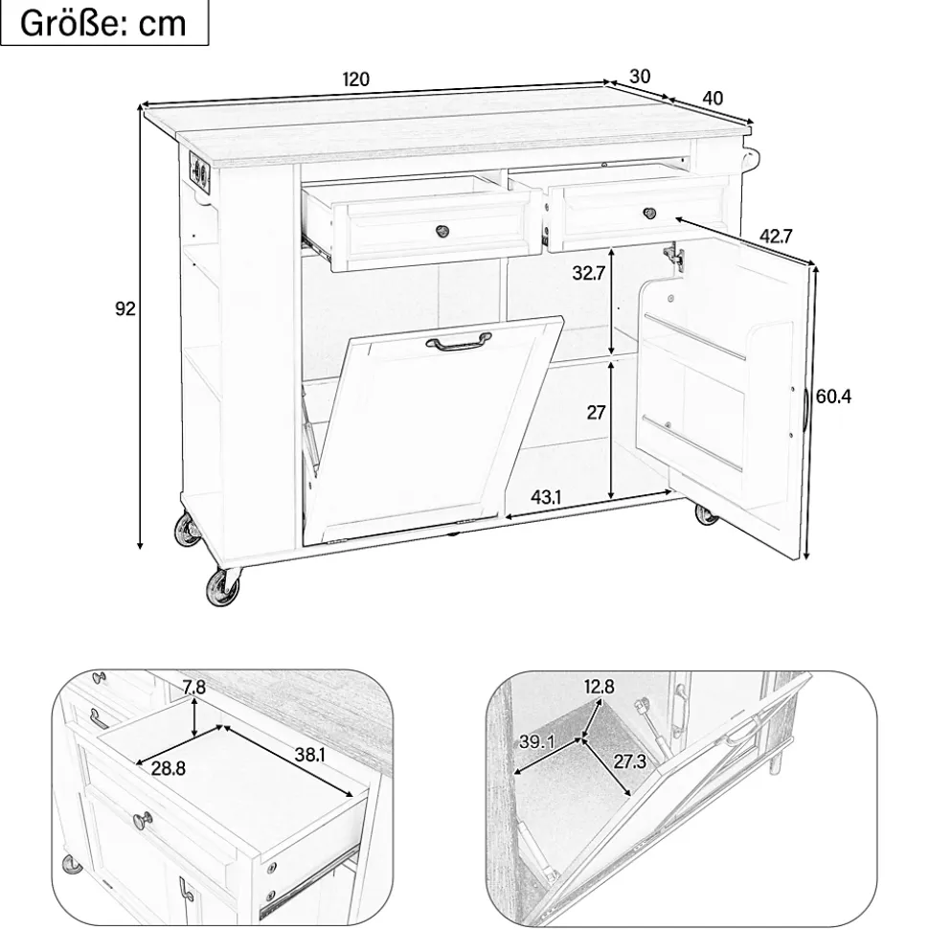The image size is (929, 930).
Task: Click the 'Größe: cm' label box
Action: [104, 23]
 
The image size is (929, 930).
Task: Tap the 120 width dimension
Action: [355, 79]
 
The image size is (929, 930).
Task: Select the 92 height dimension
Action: [125, 309]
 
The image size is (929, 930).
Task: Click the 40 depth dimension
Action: [713, 98]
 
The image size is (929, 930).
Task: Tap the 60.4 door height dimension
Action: [833, 396]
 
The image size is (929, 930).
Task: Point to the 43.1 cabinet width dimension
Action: [545, 498]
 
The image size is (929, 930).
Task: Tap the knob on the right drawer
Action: [651, 212]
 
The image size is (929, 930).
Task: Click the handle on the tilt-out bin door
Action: [460, 342]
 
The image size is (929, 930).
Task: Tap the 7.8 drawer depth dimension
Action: [193, 688]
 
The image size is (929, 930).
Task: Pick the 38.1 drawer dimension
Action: [309, 755]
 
